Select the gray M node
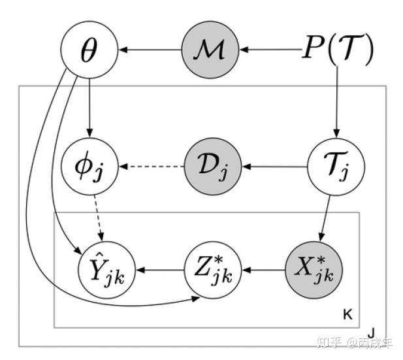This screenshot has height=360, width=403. (210, 49)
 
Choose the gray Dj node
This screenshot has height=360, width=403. (210, 167)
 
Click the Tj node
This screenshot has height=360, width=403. (336, 167)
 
